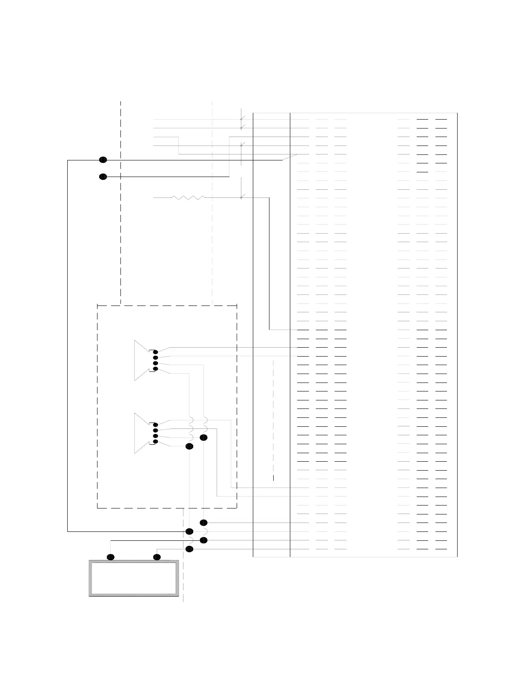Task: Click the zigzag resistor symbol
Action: (x=188, y=197)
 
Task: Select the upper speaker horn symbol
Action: (x=142, y=360)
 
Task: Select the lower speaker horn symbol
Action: (x=142, y=433)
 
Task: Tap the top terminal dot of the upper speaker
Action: (x=155, y=352)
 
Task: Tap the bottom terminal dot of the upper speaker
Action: (x=155, y=369)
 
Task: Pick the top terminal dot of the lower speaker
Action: (x=155, y=425)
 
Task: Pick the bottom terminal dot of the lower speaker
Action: (x=155, y=442)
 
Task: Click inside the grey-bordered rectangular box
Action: (x=134, y=578)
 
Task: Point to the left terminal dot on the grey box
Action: (x=111, y=557)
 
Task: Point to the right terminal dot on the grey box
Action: (x=157, y=557)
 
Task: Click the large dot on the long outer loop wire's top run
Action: (x=103, y=160)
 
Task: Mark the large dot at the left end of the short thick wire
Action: (x=103, y=177)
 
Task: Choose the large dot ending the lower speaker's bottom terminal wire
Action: (x=189, y=446)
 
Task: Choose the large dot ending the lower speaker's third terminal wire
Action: (x=203, y=437)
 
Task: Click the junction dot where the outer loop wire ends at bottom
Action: (x=189, y=531)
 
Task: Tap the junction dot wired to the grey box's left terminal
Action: (x=203, y=540)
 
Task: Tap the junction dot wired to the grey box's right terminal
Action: (x=189, y=549)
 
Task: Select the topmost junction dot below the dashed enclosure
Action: (x=203, y=523)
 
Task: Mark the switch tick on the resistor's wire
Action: (x=241, y=197)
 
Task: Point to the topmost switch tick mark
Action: (x=241, y=118)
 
